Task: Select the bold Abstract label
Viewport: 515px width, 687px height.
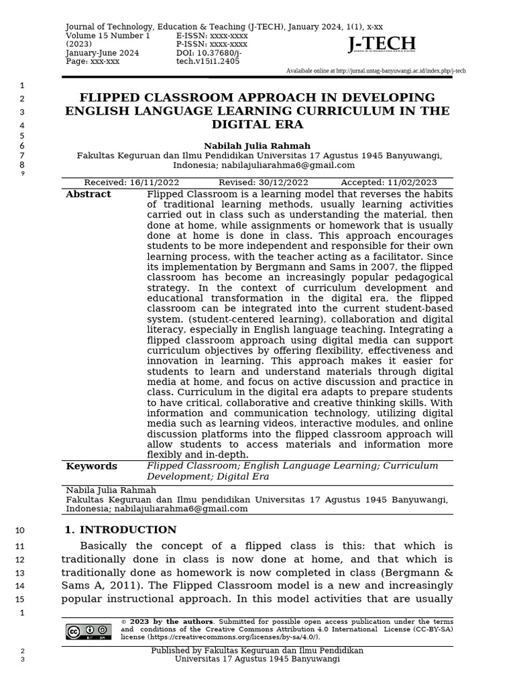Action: (x=89, y=195)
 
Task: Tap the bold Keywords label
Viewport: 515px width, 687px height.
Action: (x=91, y=466)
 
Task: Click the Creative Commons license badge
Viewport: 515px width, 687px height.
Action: (x=89, y=631)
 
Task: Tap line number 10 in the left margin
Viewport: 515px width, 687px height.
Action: (x=19, y=531)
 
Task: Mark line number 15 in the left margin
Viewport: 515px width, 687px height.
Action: (x=19, y=599)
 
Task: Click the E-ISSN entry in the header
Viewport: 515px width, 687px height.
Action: (x=212, y=36)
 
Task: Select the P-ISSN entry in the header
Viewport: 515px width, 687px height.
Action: (x=212, y=44)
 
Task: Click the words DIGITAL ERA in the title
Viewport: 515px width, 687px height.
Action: (x=257, y=125)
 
